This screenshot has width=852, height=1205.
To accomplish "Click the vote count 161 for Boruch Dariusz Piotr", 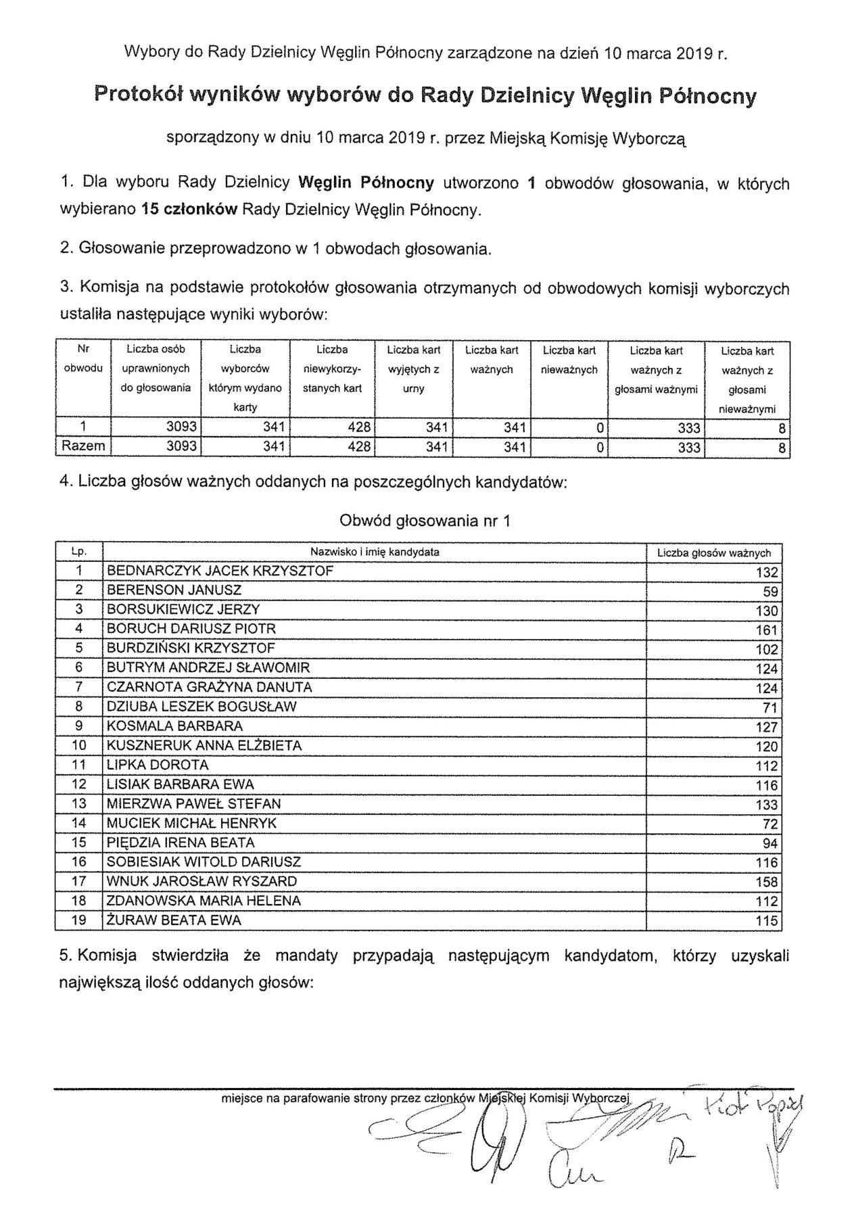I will [767, 631].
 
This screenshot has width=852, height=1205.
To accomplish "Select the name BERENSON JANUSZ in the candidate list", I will [174, 590].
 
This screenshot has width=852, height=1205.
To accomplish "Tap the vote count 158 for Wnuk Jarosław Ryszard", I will [767, 883].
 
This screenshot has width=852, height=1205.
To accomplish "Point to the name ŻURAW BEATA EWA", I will [174, 921].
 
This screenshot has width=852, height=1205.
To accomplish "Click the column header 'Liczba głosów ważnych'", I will [714, 553].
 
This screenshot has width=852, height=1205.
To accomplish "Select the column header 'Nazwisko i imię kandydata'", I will [375, 552].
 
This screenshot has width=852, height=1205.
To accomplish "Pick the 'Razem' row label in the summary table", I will [83, 446].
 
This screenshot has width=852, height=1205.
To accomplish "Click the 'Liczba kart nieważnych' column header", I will [569, 360].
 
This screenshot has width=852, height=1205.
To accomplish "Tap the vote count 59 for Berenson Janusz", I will [771, 592].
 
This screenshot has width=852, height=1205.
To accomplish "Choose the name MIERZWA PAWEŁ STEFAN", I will [193, 805].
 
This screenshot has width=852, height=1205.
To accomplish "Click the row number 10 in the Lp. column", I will [79, 746].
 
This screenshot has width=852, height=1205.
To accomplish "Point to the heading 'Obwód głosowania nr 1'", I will [425, 521].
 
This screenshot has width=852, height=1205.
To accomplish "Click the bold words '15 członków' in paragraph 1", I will [189, 210].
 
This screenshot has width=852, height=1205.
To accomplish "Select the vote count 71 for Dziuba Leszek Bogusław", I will [771, 708].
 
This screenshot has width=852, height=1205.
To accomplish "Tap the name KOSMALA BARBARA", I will [174, 727].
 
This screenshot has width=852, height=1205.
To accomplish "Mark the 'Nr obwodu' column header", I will [83, 359].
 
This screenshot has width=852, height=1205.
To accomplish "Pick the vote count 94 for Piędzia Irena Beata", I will [771, 845].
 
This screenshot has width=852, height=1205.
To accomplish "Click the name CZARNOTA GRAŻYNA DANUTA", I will [210, 688].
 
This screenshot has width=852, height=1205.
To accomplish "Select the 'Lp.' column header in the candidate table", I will [79, 552].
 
